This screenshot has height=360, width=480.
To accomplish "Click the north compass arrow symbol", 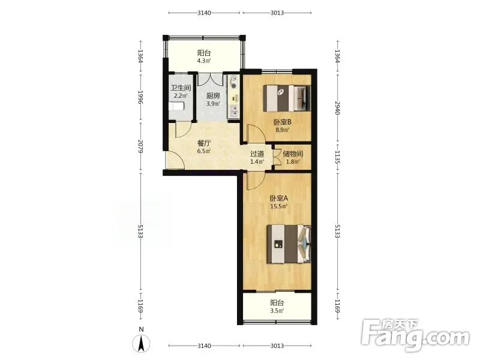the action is coord(141,343).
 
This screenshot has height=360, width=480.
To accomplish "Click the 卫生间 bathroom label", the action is coord(181,88).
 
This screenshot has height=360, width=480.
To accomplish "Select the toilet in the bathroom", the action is coord(176,106).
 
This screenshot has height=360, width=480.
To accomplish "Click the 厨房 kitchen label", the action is coord(213,96).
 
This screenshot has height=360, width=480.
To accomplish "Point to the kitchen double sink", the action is coord(234,112).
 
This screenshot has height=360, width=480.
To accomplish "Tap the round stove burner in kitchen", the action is coord(234,86).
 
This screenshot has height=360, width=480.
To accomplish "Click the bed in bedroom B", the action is coord(287,98).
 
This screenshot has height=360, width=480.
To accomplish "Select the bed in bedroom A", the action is coord(289,244).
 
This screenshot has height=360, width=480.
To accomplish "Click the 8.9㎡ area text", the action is coord(282,130).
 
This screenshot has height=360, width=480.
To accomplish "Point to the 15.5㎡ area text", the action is coord(278,206).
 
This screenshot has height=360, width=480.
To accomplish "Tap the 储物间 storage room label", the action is coord(293,154).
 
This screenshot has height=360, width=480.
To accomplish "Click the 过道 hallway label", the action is coord(257,154).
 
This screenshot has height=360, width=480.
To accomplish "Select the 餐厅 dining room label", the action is coord(204,143).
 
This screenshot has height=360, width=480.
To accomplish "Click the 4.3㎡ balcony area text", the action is coord(204,61).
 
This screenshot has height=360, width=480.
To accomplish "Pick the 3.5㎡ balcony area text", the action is coord(277,311).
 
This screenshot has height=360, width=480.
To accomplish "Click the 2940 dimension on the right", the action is coord(337,108).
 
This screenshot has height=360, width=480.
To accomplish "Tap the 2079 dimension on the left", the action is coord(140,146).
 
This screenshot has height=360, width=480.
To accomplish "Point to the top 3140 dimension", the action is coord(204,13).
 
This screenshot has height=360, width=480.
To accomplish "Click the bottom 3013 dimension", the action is coord(277,346).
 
